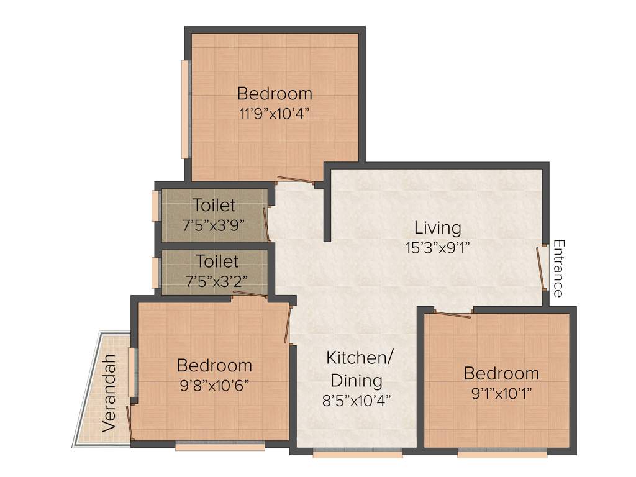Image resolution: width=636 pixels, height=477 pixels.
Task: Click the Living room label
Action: [438, 228]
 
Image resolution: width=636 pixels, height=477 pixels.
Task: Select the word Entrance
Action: [558, 268]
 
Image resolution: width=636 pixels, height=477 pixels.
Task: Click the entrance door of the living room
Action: [541, 268]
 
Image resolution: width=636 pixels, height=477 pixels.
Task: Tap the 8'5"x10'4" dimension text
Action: [356, 401]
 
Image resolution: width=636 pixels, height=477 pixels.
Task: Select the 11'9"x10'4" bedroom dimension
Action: [275, 114]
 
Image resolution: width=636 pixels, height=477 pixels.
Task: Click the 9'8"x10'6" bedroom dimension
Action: [214, 385]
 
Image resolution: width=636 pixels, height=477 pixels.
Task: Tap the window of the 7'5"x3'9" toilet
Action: [155, 206]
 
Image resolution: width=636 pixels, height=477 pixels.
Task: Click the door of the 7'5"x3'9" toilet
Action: [267, 224]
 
